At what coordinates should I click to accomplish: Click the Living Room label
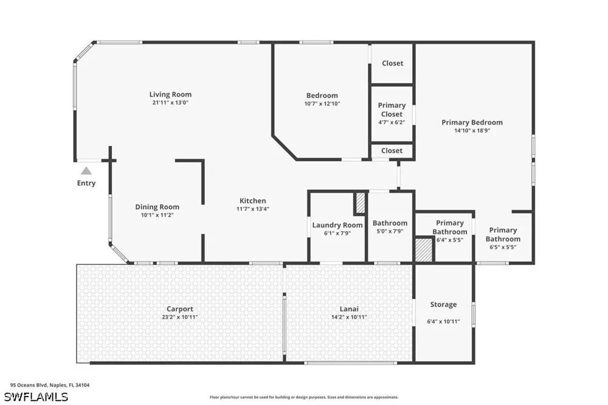tap(170, 94)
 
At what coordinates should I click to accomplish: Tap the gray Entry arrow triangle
tap(86, 171)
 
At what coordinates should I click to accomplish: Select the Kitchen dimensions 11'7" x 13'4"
tap(253, 209)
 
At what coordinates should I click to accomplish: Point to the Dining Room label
tap(157, 207)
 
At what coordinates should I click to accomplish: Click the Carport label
tap(179, 309)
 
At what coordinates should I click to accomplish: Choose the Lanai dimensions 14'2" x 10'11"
tap(349, 317)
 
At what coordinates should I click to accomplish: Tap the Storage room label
tap(443, 305)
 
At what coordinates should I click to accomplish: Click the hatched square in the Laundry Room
tap(360, 203)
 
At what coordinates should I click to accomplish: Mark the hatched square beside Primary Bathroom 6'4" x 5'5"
tap(424, 250)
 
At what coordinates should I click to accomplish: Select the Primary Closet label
tap(392, 109)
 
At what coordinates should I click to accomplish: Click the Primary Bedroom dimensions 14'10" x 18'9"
tap(472, 131)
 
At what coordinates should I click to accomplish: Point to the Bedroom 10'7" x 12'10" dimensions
tap(322, 103)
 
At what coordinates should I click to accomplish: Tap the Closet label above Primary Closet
tap(392, 63)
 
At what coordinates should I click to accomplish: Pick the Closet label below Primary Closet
tap(392, 151)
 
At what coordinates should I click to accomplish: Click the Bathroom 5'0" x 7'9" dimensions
tap(390, 231)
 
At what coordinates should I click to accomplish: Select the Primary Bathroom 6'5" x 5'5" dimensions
tap(503, 247)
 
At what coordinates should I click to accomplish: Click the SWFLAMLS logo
tap(36, 397)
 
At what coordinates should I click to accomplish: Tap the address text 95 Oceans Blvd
tap(29, 385)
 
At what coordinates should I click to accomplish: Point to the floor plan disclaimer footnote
tap(304, 397)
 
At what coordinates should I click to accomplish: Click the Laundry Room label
tap(337, 225)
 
